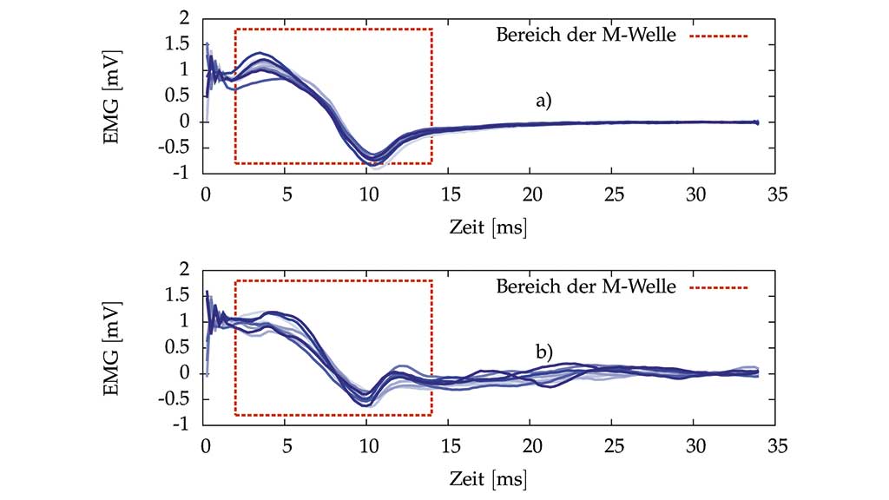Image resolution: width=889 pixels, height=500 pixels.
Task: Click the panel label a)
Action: coord(543,101)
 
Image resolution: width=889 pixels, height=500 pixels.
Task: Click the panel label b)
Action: coord(543,352)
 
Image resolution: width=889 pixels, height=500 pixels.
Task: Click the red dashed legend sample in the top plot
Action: coord(719,36)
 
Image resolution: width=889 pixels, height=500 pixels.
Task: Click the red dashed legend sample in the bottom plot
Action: coord(719,287)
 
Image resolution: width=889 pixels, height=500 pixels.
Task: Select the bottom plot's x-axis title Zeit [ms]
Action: coord(489,478)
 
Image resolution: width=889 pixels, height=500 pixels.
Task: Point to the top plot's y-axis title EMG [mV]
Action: coord(113,95)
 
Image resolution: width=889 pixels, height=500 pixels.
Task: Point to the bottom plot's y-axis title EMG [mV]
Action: coord(113,347)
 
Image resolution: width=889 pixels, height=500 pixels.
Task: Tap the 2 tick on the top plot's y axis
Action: coord(183,18)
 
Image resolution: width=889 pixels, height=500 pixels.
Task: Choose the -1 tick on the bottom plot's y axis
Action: coord(180,425)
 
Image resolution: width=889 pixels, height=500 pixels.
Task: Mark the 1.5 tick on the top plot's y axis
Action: coord(177,44)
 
